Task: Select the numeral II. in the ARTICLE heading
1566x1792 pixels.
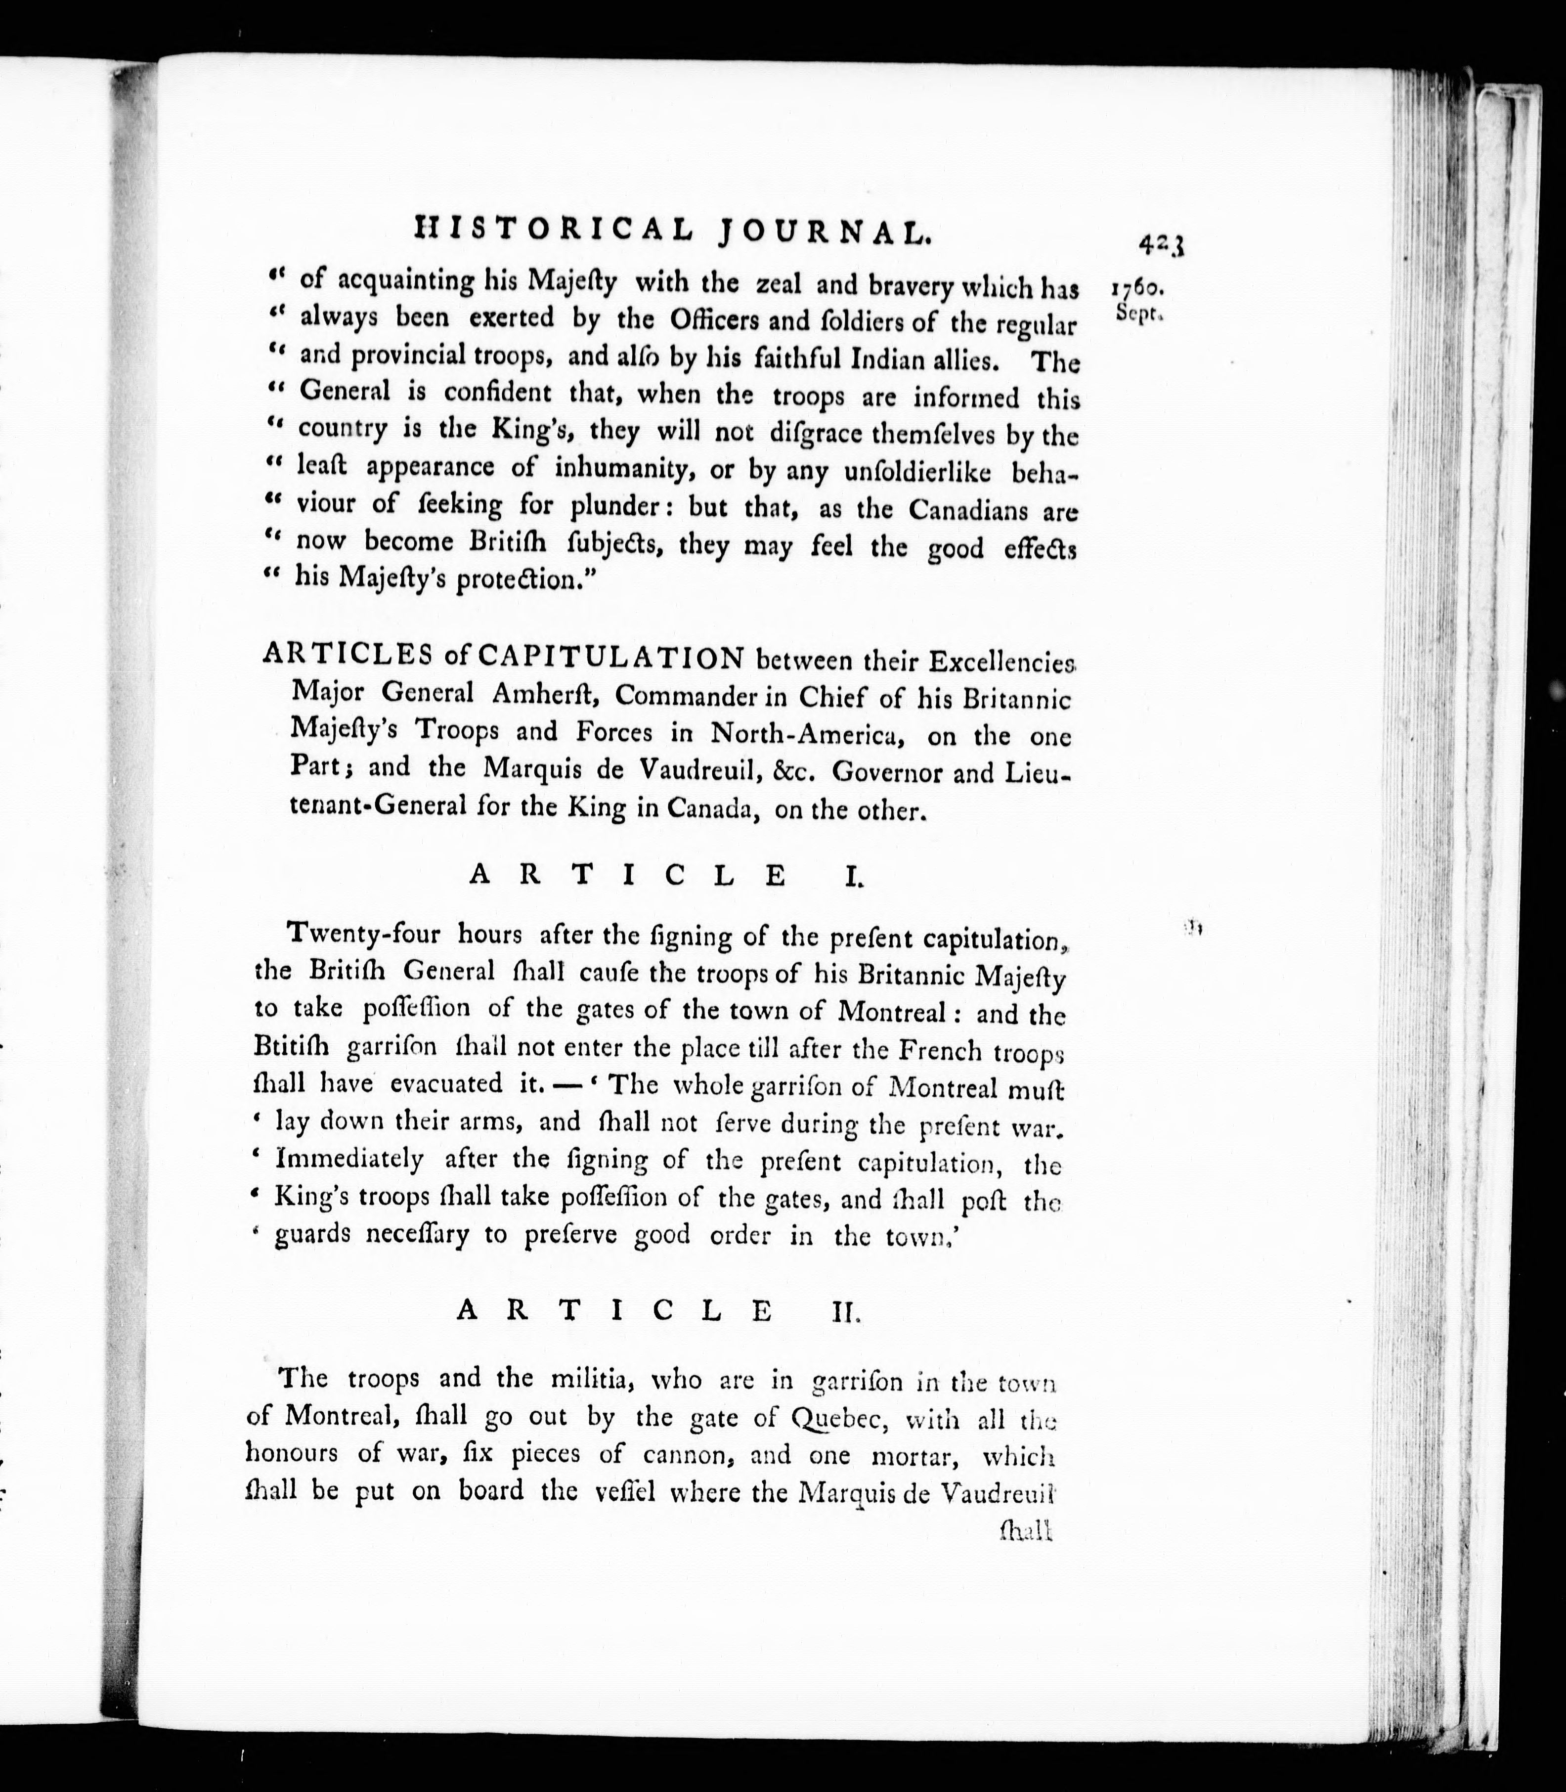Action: [x=846, y=1311]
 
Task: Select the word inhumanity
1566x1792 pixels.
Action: [x=615, y=469]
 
